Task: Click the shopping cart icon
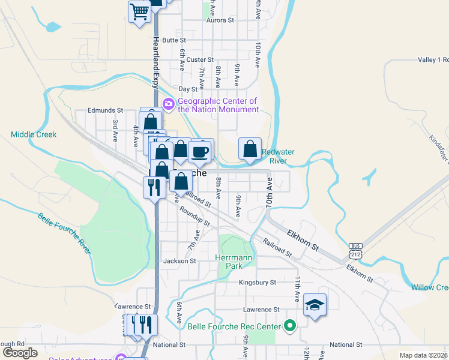[139, 11]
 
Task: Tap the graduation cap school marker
[315, 305]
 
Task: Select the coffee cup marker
[200, 151]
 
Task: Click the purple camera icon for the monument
[169, 104]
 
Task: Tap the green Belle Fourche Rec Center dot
[291, 326]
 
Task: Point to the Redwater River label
[274, 156]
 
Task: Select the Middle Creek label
[34, 134]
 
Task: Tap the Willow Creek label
[430, 287]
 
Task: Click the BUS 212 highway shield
[356, 251]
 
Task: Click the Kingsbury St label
[257, 282]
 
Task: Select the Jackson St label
[179, 261]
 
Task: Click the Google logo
[20, 353]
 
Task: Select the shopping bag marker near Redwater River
[250, 149]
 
